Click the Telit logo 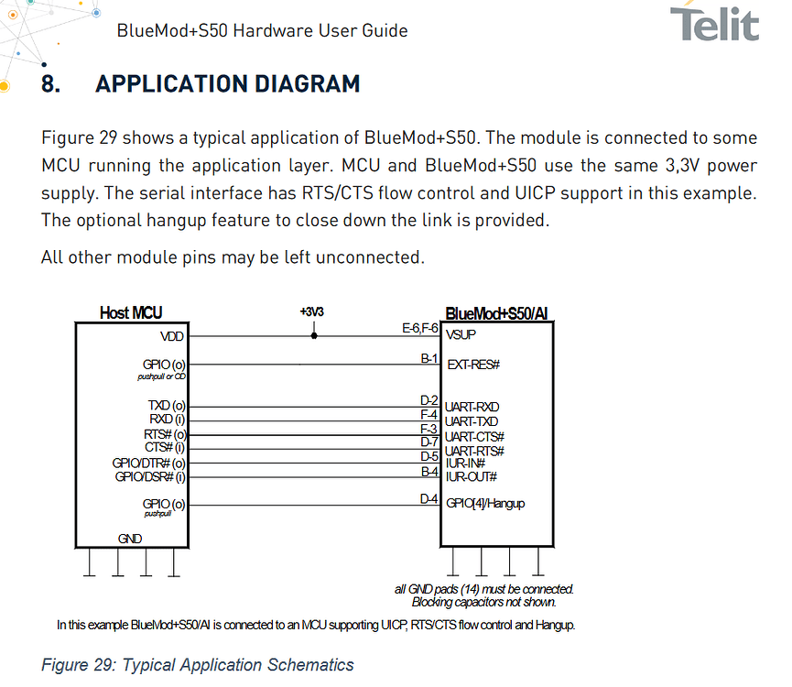pos(714,23)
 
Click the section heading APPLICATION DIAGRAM pos(228,84)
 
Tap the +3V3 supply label pos(311,311)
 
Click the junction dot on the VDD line pos(314,336)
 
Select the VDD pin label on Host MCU pos(172,336)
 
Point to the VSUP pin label pos(461,335)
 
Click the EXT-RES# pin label pos(473,365)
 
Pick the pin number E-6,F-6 pos(419,328)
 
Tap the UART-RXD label pos(472,407)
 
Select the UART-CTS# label pos(474,436)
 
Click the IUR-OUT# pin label pos(472,477)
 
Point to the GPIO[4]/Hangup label pos(485,504)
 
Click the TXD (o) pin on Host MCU pos(167,406)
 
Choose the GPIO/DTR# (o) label pos(149,463)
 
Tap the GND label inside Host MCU pos(130,539)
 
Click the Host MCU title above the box pos(131,312)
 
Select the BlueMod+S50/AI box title pos(496,313)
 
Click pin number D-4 pos(429,499)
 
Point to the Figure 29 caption pos(198,665)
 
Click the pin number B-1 pos(429,359)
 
